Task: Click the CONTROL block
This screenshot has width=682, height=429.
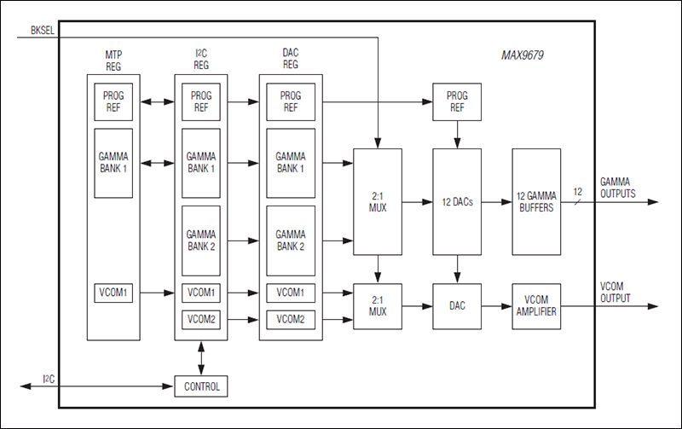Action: pyautogui.click(x=201, y=386)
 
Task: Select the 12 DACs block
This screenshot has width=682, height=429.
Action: pyautogui.click(x=458, y=202)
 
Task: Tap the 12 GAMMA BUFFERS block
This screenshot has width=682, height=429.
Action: pyautogui.click(x=536, y=202)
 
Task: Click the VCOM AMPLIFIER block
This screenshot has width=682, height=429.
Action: pyautogui.click(x=536, y=306)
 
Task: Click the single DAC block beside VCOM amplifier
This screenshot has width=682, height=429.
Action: pyautogui.click(x=458, y=306)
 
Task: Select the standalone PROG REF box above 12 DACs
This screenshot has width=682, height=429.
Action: pyautogui.click(x=458, y=101)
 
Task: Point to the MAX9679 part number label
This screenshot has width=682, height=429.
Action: pyautogui.click(x=522, y=56)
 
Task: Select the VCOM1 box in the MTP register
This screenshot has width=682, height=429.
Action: pyautogui.click(x=114, y=293)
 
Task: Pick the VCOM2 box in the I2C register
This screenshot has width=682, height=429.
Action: pyautogui.click(x=201, y=319)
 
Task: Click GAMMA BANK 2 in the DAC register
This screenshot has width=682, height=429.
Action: pyautogui.click(x=290, y=240)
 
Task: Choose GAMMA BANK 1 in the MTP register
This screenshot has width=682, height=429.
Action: pyautogui.click(x=114, y=163)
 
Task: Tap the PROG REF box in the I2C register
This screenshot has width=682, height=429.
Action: pyautogui.click(x=201, y=101)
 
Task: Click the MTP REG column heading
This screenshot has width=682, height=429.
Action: pyautogui.click(x=113, y=59)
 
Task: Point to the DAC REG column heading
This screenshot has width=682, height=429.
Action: pyautogui.click(x=290, y=59)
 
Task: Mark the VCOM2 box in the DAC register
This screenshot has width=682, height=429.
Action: pyautogui.click(x=290, y=319)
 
